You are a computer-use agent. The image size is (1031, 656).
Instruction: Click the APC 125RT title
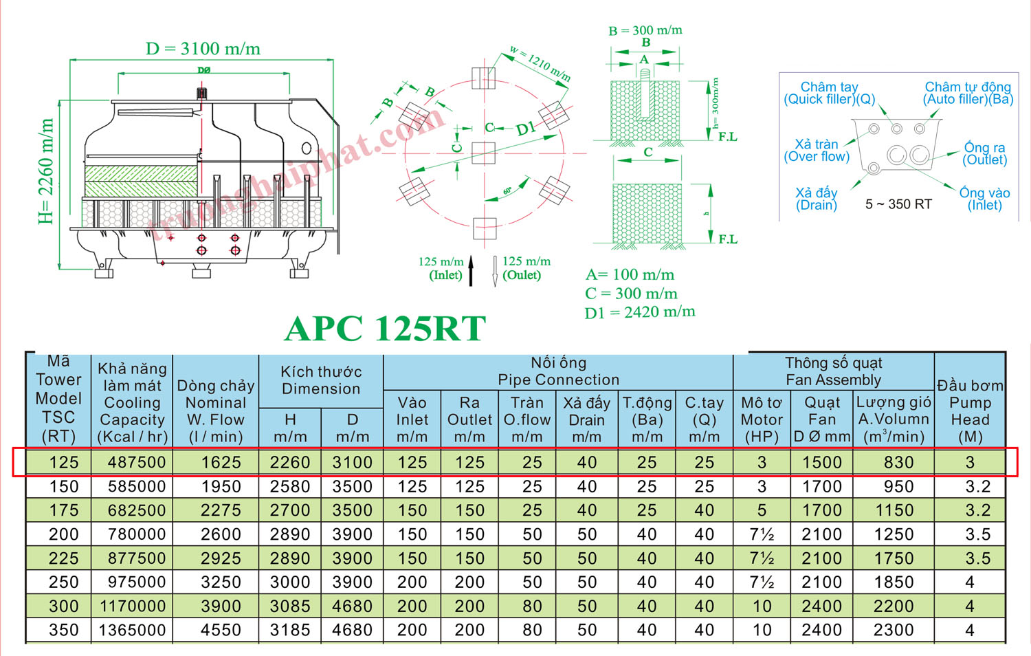coord(385,329)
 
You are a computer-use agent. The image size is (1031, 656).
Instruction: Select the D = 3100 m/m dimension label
coord(203,49)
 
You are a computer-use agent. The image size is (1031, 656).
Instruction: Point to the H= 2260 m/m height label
coord(45,171)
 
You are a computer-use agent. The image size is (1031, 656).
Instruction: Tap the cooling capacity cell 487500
coord(136,462)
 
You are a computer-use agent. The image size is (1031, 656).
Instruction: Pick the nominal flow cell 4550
coord(221,630)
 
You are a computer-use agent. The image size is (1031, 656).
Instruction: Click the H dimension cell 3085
coord(290,606)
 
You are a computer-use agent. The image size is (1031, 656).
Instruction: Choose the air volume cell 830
coord(898,462)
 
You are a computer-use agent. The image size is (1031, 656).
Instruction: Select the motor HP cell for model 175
coord(762,510)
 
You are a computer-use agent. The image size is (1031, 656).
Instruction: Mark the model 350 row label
coord(63,630)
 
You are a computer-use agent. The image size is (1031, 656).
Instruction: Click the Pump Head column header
coord(970,411)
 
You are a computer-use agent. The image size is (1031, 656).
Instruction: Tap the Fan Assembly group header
coord(833,371)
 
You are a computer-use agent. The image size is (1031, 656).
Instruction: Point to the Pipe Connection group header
coord(558,371)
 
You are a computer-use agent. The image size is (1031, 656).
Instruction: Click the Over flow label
coord(817,151)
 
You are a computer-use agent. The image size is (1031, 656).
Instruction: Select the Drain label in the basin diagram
coord(817,199)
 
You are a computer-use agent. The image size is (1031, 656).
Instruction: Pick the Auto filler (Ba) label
coord(968,93)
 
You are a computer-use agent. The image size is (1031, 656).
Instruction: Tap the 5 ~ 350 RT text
coord(898,204)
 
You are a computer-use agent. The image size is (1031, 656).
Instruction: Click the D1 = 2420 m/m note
coord(639,313)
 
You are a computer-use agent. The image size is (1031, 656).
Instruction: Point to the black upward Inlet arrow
coord(471,271)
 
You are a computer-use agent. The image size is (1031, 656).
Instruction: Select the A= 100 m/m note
coord(630,275)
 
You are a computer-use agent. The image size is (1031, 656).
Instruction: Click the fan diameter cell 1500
coord(822,462)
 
